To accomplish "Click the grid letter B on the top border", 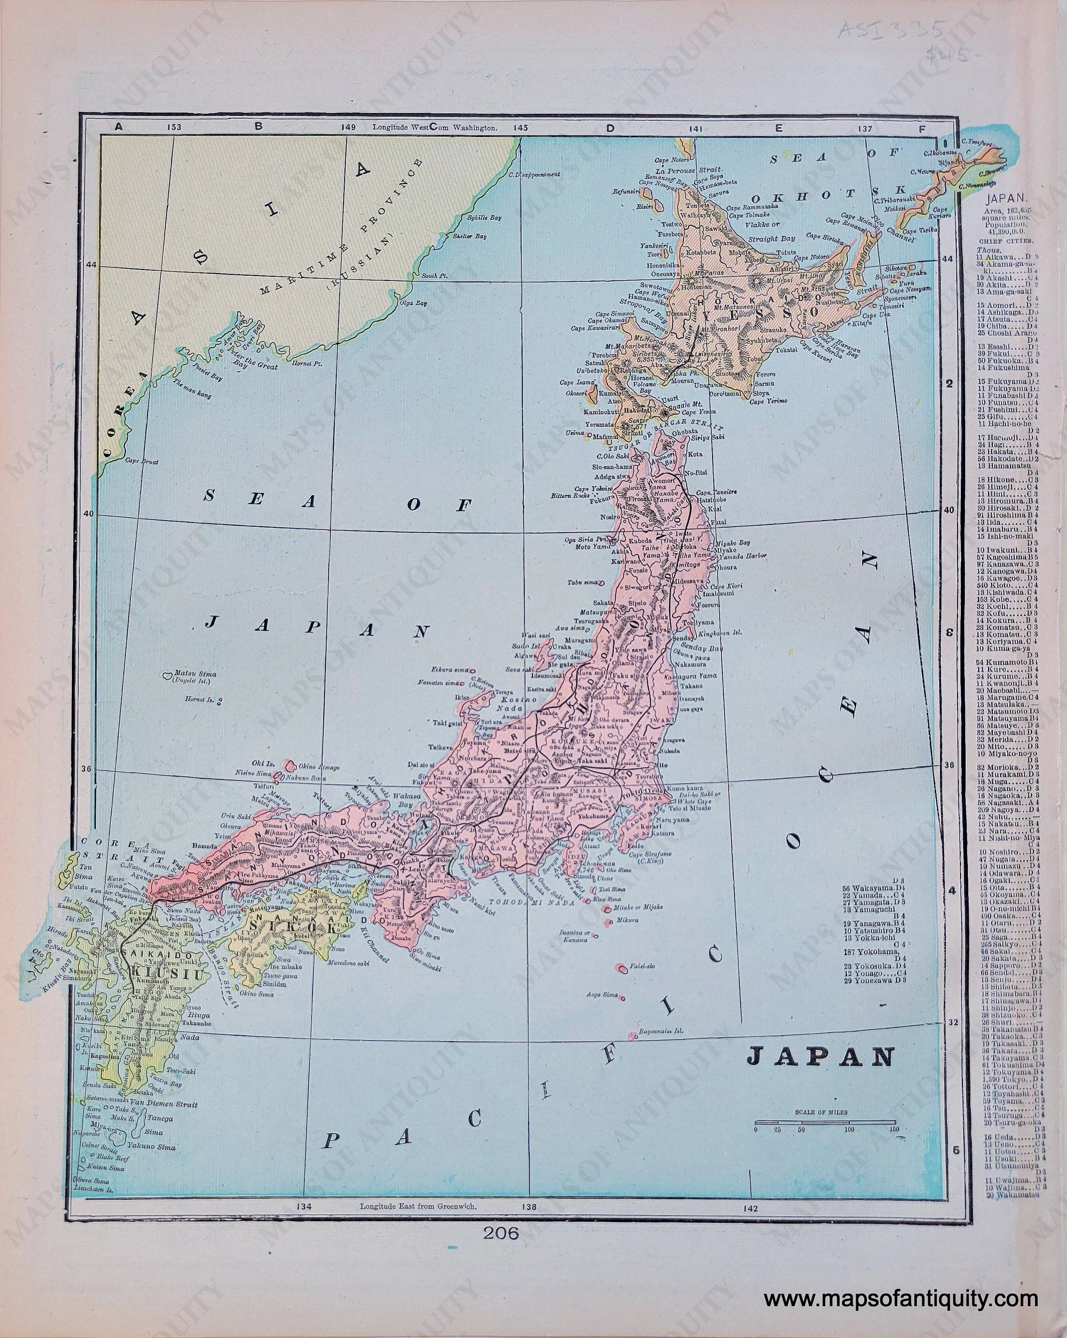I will point(259,127).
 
